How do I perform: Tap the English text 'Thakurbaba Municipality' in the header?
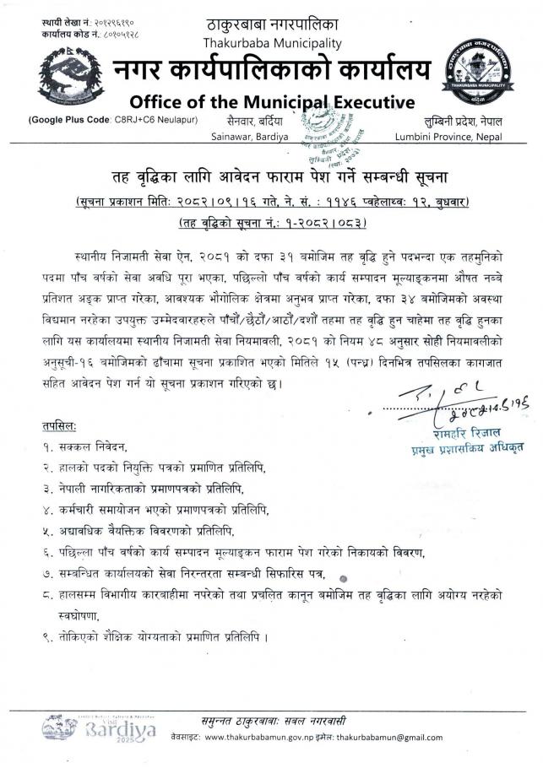pos(272,42)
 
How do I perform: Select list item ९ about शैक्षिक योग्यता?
pos(155,636)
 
